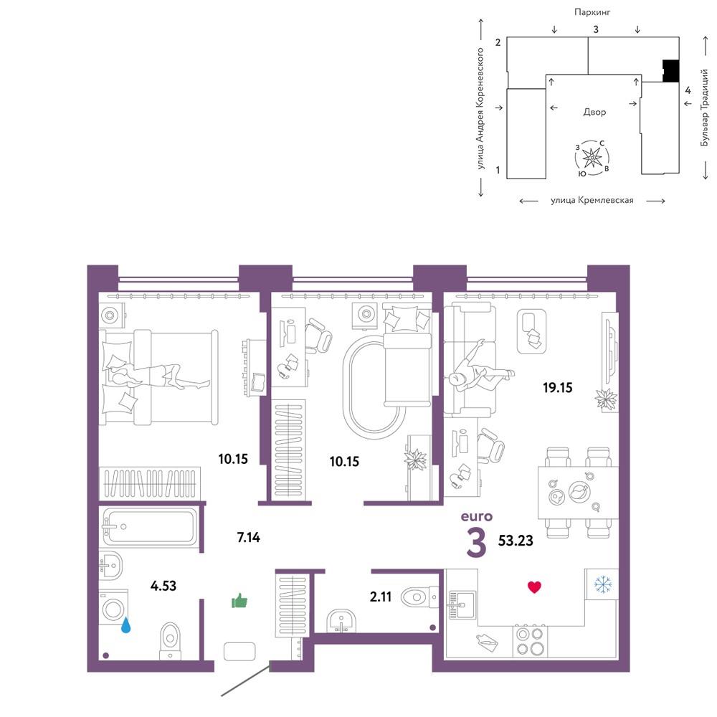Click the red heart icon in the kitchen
[534, 587]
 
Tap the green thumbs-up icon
[239, 600]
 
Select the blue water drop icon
[125, 625]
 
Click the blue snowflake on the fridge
[603, 584]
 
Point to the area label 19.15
[557, 388]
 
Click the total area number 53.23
[516, 541]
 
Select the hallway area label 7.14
[248, 537]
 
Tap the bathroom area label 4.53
[163, 586]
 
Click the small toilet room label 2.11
[381, 597]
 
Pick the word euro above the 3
[477, 516]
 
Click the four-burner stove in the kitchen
[530, 641]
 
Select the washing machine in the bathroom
[113, 607]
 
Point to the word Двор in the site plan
[594, 112]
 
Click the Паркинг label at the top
[592, 12]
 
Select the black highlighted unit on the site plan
[671, 71]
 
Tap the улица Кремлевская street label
[592, 200]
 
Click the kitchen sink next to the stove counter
[461, 604]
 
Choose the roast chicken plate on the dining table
[579, 492]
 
